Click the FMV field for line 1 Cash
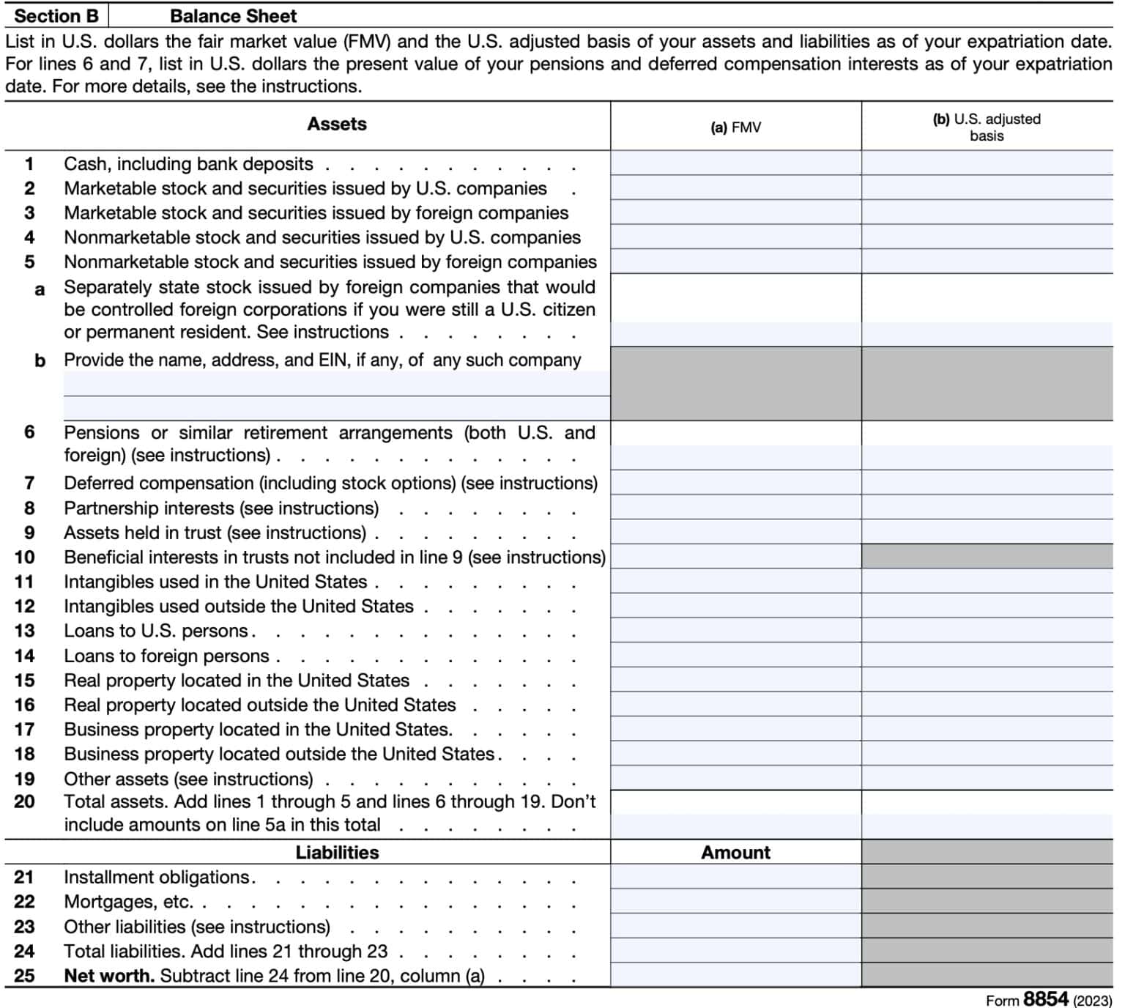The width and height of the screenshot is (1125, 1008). pyautogui.click(x=735, y=163)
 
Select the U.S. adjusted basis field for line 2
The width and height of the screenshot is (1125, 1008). pyautogui.click(x=987, y=188)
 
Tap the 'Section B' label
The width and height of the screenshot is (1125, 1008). pyautogui.click(x=56, y=15)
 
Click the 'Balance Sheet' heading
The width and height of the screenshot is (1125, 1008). pyautogui.click(x=233, y=15)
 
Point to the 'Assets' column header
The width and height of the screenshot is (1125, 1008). pyautogui.click(x=336, y=124)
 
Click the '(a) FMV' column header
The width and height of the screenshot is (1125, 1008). pyautogui.click(x=735, y=127)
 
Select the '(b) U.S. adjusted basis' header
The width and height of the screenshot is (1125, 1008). pyautogui.click(x=987, y=127)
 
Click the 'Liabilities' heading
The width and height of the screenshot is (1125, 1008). pyautogui.click(x=337, y=853)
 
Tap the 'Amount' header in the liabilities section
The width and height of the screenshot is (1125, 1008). pyautogui.click(x=735, y=853)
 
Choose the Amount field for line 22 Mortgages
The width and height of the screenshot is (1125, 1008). pyautogui.click(x=735, y=902)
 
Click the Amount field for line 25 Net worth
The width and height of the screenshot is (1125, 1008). pyautogui.click(x=735, y=976)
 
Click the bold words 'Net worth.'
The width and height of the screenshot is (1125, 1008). pyautogui.click(x=109, y=976)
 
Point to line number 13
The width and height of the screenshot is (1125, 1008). pyautogui.click(x=24, y=631)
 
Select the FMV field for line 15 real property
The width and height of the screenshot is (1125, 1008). pyautogui.click(x=735, y=681)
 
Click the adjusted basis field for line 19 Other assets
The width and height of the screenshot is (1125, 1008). pyautogui.click(x=987, y=779)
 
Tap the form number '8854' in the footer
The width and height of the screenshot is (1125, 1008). pyautogui.click(x=1045, y=999)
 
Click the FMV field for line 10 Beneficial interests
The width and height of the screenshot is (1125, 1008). pyautogui.click(x=735, y=557)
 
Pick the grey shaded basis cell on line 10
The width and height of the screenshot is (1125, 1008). pyautogui.click(x=987, y=557)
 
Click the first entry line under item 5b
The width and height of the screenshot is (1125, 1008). pyautogui.click(x=336, y=384)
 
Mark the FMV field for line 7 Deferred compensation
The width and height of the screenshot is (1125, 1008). pyautogui.click(x=735, y=483)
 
